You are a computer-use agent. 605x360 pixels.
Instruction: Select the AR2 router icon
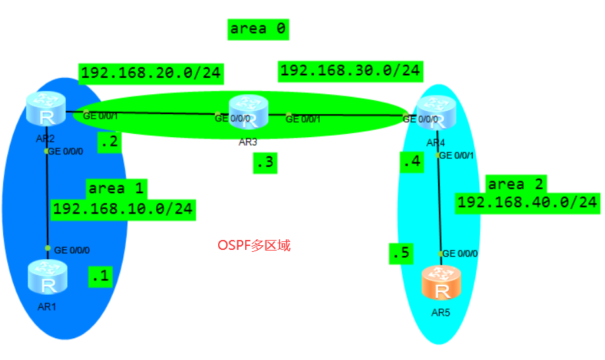click(x=47, y=109)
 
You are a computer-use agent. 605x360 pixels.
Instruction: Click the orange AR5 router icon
click(x=440, y=284)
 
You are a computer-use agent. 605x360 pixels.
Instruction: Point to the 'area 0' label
click(x=259, y=28)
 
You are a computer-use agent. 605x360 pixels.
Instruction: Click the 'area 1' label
click(x=116, y=188)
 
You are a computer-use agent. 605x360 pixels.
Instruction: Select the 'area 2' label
click(x=515, y=184)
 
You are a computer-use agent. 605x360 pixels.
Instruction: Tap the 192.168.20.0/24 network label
click(x=151, y=73)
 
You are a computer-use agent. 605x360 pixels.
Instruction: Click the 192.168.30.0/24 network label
click(x=351, y=71)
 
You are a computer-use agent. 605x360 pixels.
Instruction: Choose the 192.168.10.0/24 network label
click(x=123, y=209)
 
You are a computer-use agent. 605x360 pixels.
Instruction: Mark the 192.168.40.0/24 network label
click(x=527, y=202)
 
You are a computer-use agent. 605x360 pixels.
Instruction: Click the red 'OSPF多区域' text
click(x=254, y=245)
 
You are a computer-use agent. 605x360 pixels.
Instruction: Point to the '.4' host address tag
click(x=411, y=161)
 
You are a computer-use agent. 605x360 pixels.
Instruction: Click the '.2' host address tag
click(x=109, y=142)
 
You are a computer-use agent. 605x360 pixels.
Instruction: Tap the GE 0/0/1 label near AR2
click(x=100, y=116)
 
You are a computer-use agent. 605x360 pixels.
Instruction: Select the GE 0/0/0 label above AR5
click(x=459, y=253)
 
